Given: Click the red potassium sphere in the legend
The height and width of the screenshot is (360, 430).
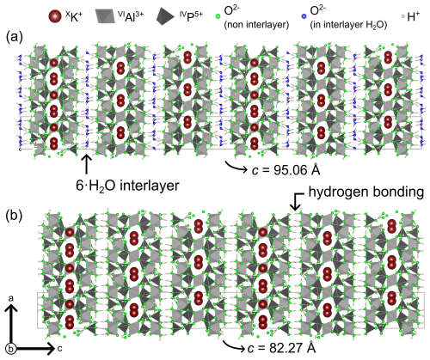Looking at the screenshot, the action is pos(55,16).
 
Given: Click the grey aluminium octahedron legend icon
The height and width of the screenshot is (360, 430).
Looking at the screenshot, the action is pos(105,15).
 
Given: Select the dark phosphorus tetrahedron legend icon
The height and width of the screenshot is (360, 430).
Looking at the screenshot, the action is pos(165,16).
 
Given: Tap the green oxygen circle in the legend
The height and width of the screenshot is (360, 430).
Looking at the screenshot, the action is pos(218,17).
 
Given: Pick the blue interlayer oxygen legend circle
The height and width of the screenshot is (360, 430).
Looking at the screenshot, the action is pos(304,17).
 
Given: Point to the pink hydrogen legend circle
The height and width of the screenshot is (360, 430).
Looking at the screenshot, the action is pos(402,17).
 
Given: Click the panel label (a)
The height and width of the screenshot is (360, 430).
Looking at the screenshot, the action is pos(15,37).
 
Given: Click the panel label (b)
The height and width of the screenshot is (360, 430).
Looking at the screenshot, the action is pos(15,216).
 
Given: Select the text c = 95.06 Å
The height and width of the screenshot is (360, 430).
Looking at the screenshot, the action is pos(286,170).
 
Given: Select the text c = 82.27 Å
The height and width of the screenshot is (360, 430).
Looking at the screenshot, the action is pos(281,348).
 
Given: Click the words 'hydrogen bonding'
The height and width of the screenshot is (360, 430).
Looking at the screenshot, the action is pos(366,192).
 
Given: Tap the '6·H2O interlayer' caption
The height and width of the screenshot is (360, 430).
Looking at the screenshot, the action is pos(127,186).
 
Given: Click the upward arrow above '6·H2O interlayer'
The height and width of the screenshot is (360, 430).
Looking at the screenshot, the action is pos(86,164).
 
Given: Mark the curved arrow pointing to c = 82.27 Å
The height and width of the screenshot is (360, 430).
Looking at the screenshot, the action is pos(233,345).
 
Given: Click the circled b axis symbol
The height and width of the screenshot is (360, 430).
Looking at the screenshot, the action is pos(10,349).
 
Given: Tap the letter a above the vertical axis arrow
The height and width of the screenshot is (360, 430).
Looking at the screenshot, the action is pos(11,298).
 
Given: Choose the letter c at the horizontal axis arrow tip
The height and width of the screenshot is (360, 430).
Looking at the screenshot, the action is pos(59,349).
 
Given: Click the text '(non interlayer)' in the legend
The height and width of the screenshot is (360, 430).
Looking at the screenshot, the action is pos(256,25).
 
